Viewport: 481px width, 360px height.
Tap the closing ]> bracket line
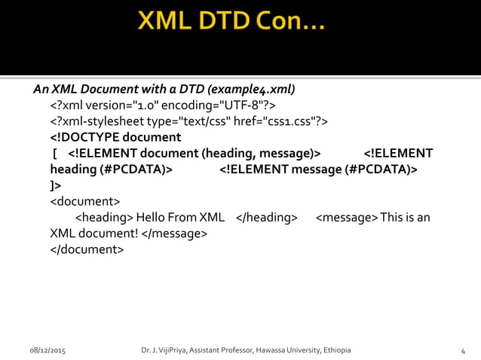click(56, 185)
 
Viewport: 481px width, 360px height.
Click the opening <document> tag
click(84, 201)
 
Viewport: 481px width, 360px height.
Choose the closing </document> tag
click(87, 249)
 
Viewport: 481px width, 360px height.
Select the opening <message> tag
click(346, 218)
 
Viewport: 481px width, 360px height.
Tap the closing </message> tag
click(174, 233)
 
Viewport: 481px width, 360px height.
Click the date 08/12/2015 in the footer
click(47, 351)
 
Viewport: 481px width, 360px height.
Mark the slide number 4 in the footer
click(462, 351)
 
